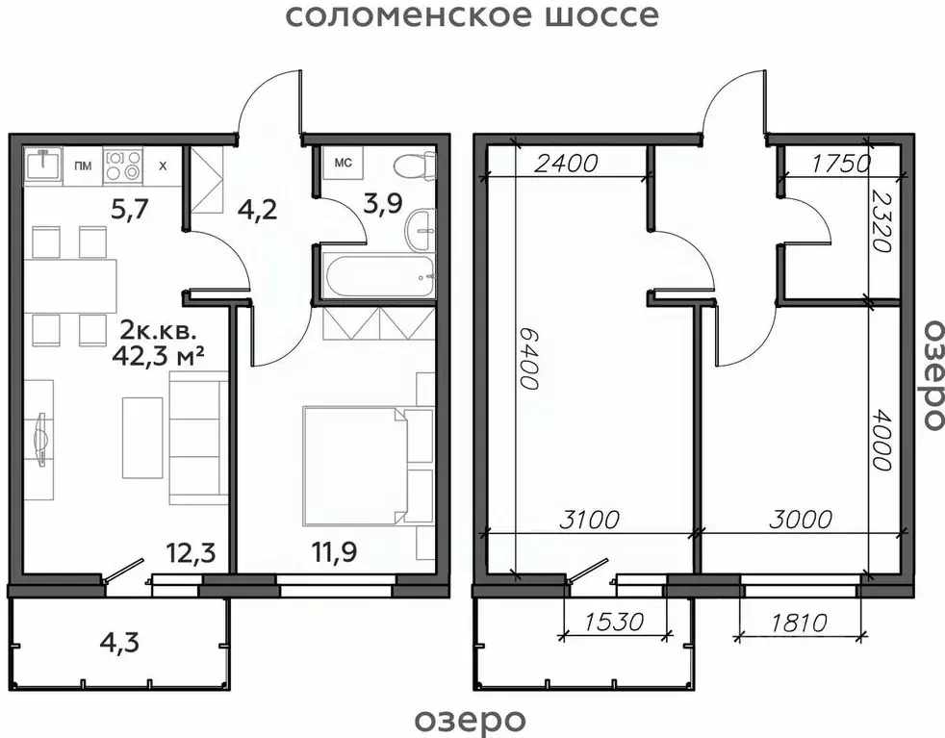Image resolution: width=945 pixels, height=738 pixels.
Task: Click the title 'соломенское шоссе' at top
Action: click(x=472, y=16)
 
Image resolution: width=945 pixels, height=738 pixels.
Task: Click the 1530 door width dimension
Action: click(x=614, y=623)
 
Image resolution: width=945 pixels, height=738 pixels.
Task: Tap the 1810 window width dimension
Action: click(x=798, y=623)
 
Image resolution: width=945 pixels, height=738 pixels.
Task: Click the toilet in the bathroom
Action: click(x=415, y=165)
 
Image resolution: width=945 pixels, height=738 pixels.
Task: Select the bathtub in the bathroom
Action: click(x=380, y=277)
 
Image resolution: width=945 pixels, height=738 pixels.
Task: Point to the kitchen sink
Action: click(x=42, y=165)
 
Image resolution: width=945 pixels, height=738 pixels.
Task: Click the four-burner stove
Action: click(x=122, y=165)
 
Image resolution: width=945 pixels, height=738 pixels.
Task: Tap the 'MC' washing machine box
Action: click(x=342, y=163)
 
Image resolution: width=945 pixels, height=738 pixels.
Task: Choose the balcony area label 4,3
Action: click(x=118, y=641)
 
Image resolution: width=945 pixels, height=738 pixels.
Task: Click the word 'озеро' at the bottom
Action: click(x=471, y=719)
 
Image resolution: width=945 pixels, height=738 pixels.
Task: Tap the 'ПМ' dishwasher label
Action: click(x=83, y=166)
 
